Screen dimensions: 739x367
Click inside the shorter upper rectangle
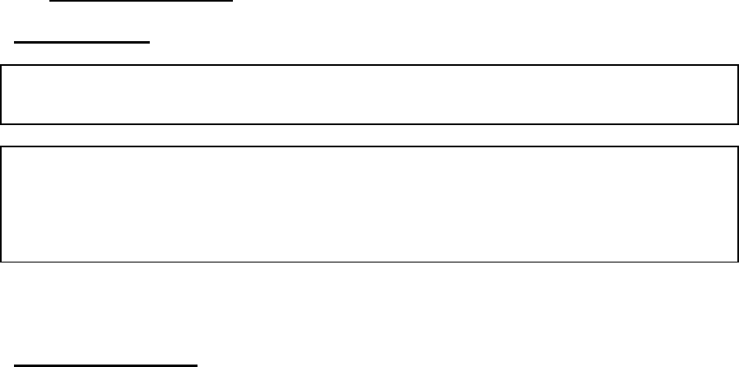coord(369,94)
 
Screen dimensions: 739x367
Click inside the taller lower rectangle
coord(369,204)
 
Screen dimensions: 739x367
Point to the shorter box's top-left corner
coord(2,64)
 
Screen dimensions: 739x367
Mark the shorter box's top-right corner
coord(737,64)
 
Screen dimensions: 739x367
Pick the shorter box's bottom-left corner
coord(2,123)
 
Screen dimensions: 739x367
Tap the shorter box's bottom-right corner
coord(737,123)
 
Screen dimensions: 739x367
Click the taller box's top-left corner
coord(2,147)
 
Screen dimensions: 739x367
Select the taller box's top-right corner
coord(737,147)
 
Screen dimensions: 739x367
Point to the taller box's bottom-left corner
coord(2,262)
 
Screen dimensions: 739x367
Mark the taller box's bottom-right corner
coord(737,262)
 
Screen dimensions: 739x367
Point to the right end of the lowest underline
coord(198,363)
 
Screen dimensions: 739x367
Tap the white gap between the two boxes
coord(369,136)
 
